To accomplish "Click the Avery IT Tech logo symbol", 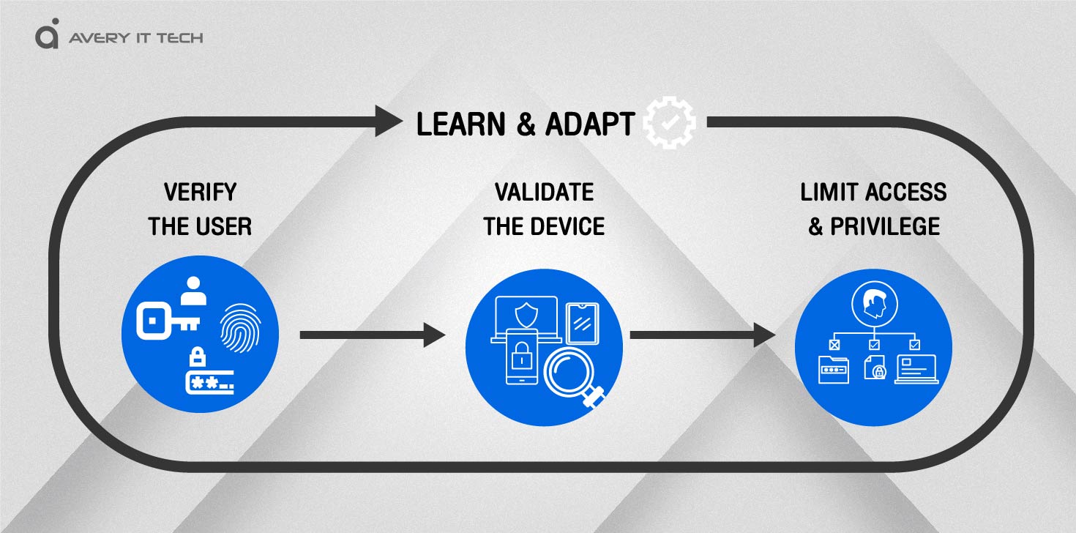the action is point(47,34).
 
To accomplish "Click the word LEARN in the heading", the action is point(460,124).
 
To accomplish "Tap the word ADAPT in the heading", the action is point(590,124).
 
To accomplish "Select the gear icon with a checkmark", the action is point(669,122).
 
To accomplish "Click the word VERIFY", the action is point(200,193).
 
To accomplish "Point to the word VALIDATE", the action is point(545,193).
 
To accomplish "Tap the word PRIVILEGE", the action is point(885,226).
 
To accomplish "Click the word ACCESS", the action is point(906,193).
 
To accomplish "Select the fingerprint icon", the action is point(240,327).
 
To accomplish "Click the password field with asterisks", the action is point(209,383).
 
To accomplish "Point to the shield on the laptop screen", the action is point(526,315).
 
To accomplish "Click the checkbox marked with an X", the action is point(834,345).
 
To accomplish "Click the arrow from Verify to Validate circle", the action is point(373,335).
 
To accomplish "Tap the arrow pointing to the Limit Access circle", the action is point(703,335).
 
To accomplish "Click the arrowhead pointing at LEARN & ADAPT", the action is point(388,121).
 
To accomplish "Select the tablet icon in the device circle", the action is point(582,324).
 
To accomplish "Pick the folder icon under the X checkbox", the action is point(834,370).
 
